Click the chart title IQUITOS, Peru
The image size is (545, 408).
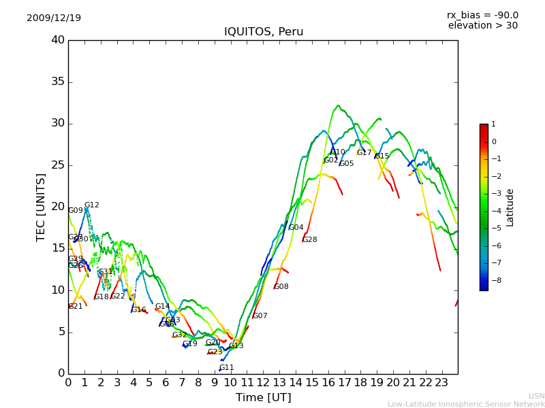[264, 32]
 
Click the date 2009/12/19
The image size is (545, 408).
[54, 18]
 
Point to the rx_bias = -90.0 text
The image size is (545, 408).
[482, 15]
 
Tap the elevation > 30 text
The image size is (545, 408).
[483, 26]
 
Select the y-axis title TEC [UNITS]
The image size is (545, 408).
[42, 207]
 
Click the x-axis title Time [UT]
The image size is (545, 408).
[263, 397]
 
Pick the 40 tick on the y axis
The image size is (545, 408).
[58, 40]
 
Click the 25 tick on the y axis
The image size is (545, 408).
[58, 165]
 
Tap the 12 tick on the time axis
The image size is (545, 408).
[263, 382]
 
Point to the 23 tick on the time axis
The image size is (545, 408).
[441, 382]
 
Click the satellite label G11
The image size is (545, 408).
[227, 368]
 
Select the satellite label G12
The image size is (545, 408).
[92, 205]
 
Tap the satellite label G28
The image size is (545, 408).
[310, 240]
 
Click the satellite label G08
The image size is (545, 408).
[281, 287]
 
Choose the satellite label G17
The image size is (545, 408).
[364, 153]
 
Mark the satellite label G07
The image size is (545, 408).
[260, 316]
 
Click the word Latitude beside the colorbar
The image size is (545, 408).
[510, 207]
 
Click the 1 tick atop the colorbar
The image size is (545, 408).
[493, 124]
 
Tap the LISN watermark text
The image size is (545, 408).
[537, 396]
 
